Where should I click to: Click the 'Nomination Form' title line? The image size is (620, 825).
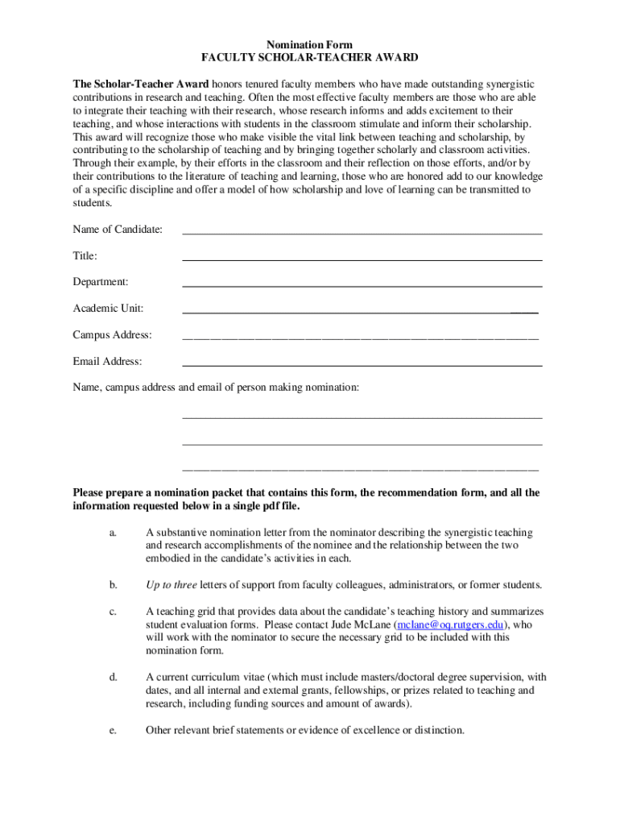pos(309,44)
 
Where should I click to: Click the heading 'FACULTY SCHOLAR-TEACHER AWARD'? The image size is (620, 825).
pos(309,58)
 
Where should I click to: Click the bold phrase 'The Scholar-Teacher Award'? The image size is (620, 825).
pos(141,84)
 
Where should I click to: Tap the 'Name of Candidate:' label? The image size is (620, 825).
pos(118,230)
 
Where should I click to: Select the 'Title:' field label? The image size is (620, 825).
pos(85,256)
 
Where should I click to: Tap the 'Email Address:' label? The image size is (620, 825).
pos(107,361)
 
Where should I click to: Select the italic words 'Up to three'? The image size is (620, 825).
pos(171,584)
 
